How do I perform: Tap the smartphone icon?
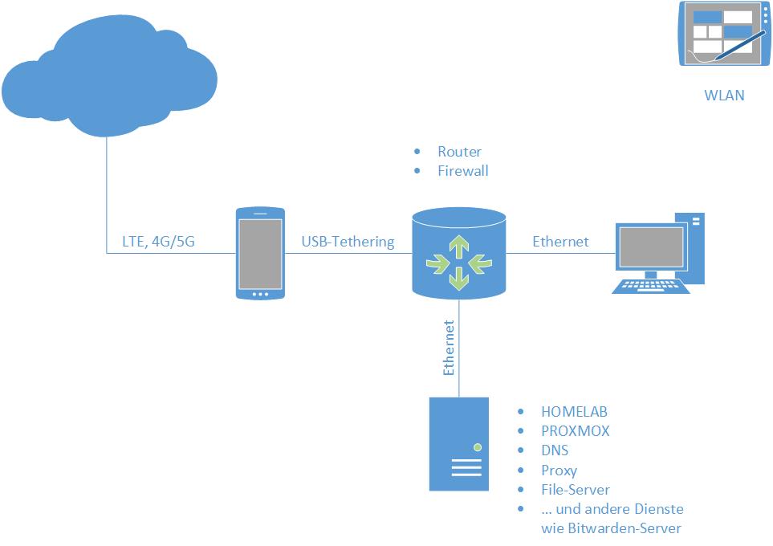pyautogui.click(x=260, y=253)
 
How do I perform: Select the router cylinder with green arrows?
pyautogui.click(x=458, y=253)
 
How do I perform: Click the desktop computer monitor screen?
pyautogui.click(x=650, y=249)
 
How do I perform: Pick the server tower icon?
pyautogui.click(x=459, y=444)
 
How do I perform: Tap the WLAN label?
pyautogui.click(x=724, y=96)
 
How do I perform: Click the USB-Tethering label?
pyautogui.click(x=348, y=241)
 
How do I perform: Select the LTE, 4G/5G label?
pyautogui.click(x=157, y=241)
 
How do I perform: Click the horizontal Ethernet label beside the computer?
pyautogui.click(x=560, y=241)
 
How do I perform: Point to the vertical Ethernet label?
pyautogui.click(x=449, y=348)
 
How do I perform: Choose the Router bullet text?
pyautogui.click(x=459, y=152)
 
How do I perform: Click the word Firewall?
pyautogui.click(x=462, y=171)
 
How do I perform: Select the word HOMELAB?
pyautogui.click(x=574, y=412)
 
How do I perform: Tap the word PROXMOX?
pyautogui.click(x=576, y=431)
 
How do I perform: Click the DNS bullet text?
pyautogui.click(x=555, y=450)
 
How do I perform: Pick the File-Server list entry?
pyautogui.click(x=576, y=490)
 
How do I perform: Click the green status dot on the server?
pyautogui.click(x=477, y=446)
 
